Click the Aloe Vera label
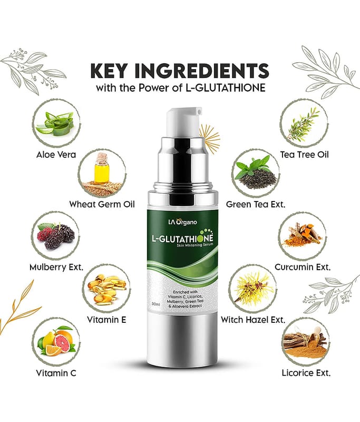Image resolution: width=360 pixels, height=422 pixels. tap(56, 155)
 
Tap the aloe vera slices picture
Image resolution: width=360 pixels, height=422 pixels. tap(56, 123)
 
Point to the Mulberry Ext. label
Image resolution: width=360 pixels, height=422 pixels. tap(56, 267)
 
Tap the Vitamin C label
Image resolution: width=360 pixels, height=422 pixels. tap(56, 373)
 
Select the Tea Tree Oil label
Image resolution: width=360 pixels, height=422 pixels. tap(304, 155)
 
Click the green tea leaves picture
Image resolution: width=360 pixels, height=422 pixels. tap(256, 173)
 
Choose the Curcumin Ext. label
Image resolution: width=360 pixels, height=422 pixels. tap(303, 267)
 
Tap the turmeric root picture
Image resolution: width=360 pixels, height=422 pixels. tap(303, 234)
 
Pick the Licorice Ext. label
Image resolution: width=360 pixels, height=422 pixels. tap(306, 373)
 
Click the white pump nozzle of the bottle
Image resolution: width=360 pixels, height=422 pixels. tap(183, 121)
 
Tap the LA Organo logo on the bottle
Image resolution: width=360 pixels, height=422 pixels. tap(182, 222)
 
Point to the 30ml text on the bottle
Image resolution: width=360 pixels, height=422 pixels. tap(156, 304)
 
